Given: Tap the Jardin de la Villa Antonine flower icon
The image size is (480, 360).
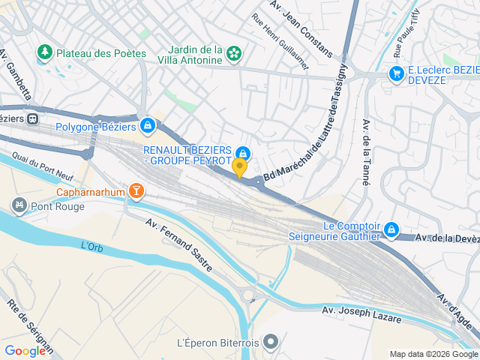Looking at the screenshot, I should tap(235, 52).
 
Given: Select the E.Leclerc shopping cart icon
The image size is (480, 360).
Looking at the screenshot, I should tap(396, 73).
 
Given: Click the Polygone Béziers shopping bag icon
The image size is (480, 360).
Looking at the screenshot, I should tap(147, 124).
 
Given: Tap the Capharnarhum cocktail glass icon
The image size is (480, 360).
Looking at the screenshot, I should tap(136, 190).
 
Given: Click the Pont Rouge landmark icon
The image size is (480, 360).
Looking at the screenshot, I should tap(19, 205).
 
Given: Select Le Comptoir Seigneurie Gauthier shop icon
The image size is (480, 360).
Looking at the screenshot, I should tap(391, 229).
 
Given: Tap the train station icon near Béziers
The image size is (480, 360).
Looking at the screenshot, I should tap(32, 118).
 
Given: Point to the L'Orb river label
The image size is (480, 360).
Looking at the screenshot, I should tap(91, 245).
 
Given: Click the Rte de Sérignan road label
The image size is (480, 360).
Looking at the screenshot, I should tap(30, 326).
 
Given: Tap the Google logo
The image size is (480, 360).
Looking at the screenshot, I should tap(25, 350).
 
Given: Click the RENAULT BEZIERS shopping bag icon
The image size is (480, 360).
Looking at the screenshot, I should tap(242, 153).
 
